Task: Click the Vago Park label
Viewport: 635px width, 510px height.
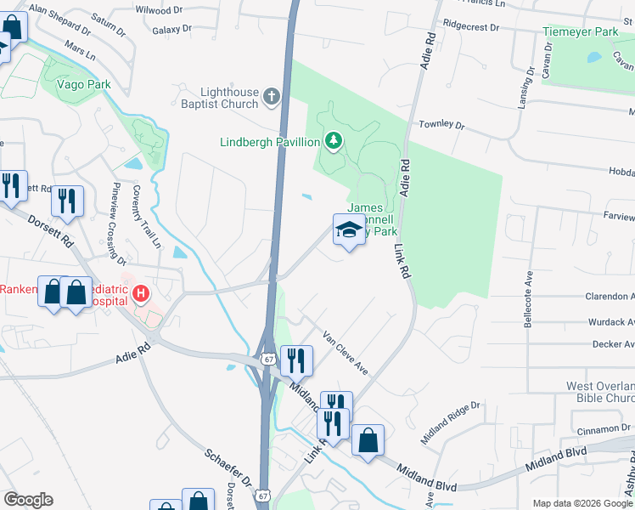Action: coord(83,84)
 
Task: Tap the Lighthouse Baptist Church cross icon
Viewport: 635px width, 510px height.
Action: coord(271,97)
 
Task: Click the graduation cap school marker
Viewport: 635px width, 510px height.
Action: coord(348,229)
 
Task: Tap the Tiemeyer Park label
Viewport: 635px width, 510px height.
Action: coord(581,32)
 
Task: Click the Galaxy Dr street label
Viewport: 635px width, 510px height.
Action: coord(172,30)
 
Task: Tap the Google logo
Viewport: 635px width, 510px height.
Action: coord(28,500)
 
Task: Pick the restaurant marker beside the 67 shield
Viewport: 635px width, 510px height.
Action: coord(296,360)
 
